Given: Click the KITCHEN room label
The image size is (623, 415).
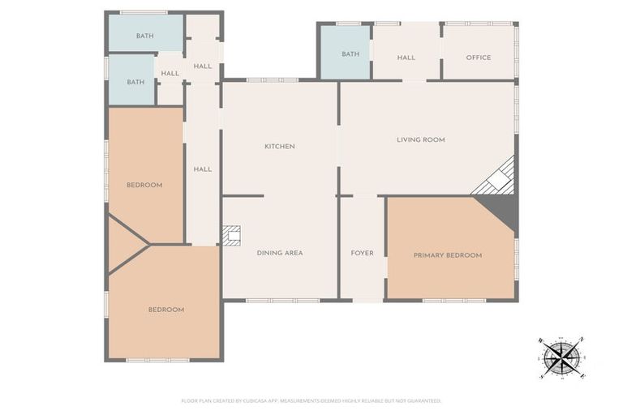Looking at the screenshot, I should click(x=279, y=147).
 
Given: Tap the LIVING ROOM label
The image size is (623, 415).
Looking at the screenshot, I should click(x=420, y=139).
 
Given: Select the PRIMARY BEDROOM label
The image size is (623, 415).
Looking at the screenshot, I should click(x=447, y=255).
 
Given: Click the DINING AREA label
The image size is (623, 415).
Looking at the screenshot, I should click(x=279, y=253).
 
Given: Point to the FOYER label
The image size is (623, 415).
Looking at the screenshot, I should click(x=362, y=253).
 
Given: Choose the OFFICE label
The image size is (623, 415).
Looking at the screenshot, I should click(x=478, y=58).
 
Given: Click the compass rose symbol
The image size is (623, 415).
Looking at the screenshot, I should click(x=561, y=357).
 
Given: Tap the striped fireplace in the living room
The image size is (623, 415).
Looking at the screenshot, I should click(x=496, y=178).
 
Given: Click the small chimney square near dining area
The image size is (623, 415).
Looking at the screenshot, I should click(x=232, y=236).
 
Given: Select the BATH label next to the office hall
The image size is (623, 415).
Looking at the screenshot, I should click(x=350, y=54).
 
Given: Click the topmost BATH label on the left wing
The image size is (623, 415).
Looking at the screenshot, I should click(x=144, y=36).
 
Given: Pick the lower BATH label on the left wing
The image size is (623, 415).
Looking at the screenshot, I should click(x=135, y=82).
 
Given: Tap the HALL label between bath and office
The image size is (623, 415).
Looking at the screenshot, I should click(x=406, y=58).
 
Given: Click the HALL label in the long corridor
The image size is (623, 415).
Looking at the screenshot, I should click(x=203, y=169).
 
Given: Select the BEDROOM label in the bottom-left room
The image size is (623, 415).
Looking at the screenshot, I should click(x=165, y=310).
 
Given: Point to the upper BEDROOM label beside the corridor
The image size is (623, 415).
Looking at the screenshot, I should click(x=144, y=185).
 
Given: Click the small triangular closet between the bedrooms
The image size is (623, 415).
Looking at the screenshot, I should click(x=123, y=243).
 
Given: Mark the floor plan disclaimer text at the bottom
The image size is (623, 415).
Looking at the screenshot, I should click(x=311, y=400).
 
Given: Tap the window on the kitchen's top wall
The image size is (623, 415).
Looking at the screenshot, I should click(x=272, y=79).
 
